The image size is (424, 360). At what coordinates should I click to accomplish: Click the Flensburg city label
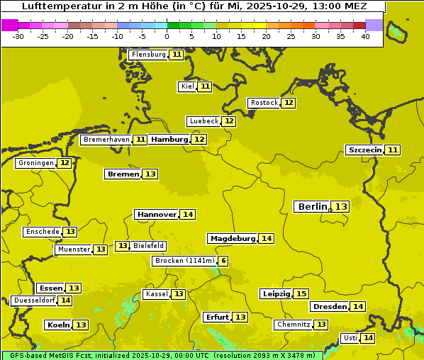(149, 55)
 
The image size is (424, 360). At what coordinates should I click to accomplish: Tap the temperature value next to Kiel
(205, 86)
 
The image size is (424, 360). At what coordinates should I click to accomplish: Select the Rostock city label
(264, 103)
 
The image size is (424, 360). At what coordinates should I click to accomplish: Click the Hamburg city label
(169, 140)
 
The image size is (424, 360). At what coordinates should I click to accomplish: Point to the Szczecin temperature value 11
(393, 150)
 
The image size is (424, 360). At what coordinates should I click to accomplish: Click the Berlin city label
(313, 206)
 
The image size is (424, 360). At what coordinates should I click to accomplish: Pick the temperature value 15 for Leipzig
(301, 293)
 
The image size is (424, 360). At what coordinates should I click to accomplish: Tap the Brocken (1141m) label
(184, 261)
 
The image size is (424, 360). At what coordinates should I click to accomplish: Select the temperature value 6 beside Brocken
(223, 261)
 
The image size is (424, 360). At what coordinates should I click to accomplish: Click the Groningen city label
(36, 163)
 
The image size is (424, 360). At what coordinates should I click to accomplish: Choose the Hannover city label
(157, 214)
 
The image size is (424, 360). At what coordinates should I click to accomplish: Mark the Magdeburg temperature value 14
(266, 238)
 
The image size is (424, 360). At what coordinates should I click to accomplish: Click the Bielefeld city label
(149, 246)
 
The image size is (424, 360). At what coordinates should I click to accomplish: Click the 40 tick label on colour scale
(365, 36)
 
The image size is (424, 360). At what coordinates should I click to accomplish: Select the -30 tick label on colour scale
(18, 36)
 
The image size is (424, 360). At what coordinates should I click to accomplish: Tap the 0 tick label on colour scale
(167, 36)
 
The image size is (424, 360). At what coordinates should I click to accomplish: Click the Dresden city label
(330, 307)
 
